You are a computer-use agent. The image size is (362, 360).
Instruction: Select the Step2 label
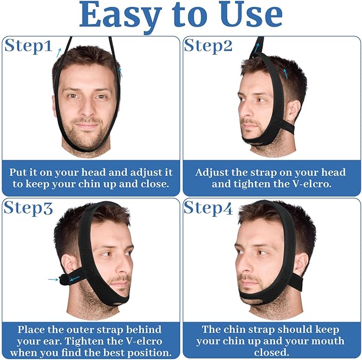(208, 46)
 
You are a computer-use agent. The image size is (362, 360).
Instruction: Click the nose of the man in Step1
(86, 109)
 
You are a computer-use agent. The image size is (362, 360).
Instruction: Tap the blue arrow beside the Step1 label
(59, 51)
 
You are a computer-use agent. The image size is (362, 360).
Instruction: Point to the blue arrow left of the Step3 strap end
(52, 279)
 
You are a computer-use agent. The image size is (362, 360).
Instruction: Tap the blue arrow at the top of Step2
(257, 46)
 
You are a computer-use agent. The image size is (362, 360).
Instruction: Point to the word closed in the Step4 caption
(271, 353)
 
